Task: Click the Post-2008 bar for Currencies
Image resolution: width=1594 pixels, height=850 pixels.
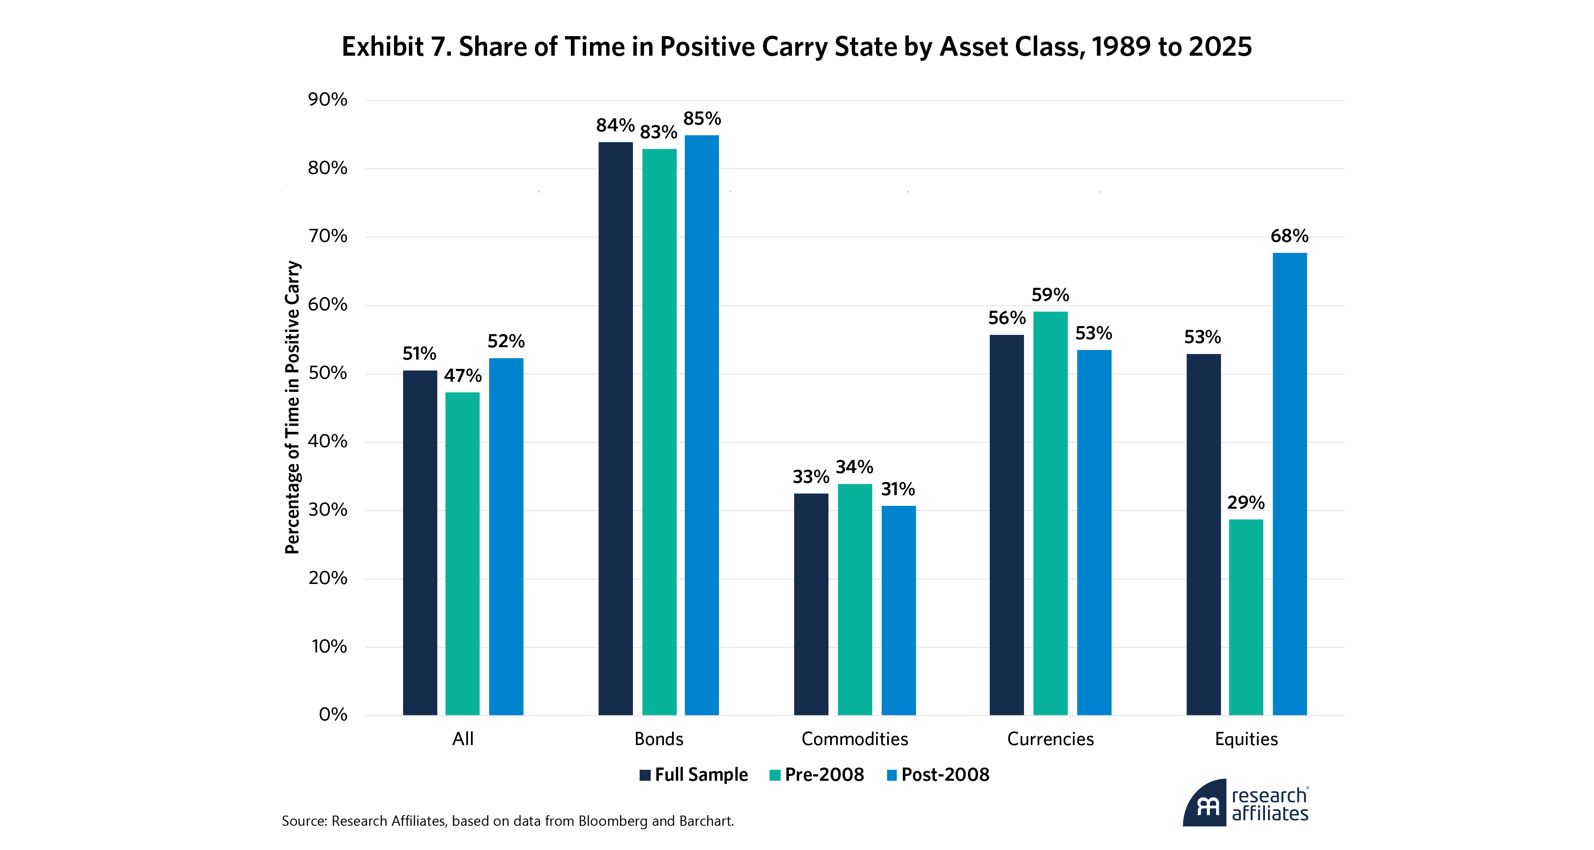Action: pos(1094,532)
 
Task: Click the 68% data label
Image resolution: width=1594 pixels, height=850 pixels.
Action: pos(1290,236)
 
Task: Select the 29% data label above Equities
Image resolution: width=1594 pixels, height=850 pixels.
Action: pos(1245,502)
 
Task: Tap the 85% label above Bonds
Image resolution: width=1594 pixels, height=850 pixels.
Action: pos(702,118)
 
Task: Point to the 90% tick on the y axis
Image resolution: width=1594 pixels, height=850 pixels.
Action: pos(328,99)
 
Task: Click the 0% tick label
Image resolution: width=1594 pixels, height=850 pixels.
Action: pos(333,714)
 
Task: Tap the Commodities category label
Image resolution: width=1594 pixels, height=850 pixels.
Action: pos(854,739)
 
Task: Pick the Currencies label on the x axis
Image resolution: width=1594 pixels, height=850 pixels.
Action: pos(1050,739)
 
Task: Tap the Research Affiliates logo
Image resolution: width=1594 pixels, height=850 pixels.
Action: pos(1245,803)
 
